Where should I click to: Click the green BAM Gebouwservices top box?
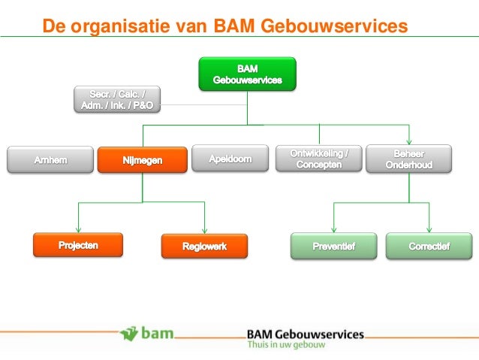247,74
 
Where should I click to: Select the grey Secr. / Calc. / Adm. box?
116,99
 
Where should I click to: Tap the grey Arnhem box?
50,159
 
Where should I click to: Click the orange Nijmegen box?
142,159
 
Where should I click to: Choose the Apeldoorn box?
230,159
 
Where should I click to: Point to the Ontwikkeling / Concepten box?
319,159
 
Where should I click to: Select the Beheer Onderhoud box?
409,159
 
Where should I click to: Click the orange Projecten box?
78,245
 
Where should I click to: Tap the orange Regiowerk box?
204,246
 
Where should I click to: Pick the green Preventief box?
334,246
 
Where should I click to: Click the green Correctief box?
429,246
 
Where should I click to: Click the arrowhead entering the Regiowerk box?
204,230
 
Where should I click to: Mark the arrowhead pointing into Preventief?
334,230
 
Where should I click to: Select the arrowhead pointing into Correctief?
429,230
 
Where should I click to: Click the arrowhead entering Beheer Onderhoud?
409,141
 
